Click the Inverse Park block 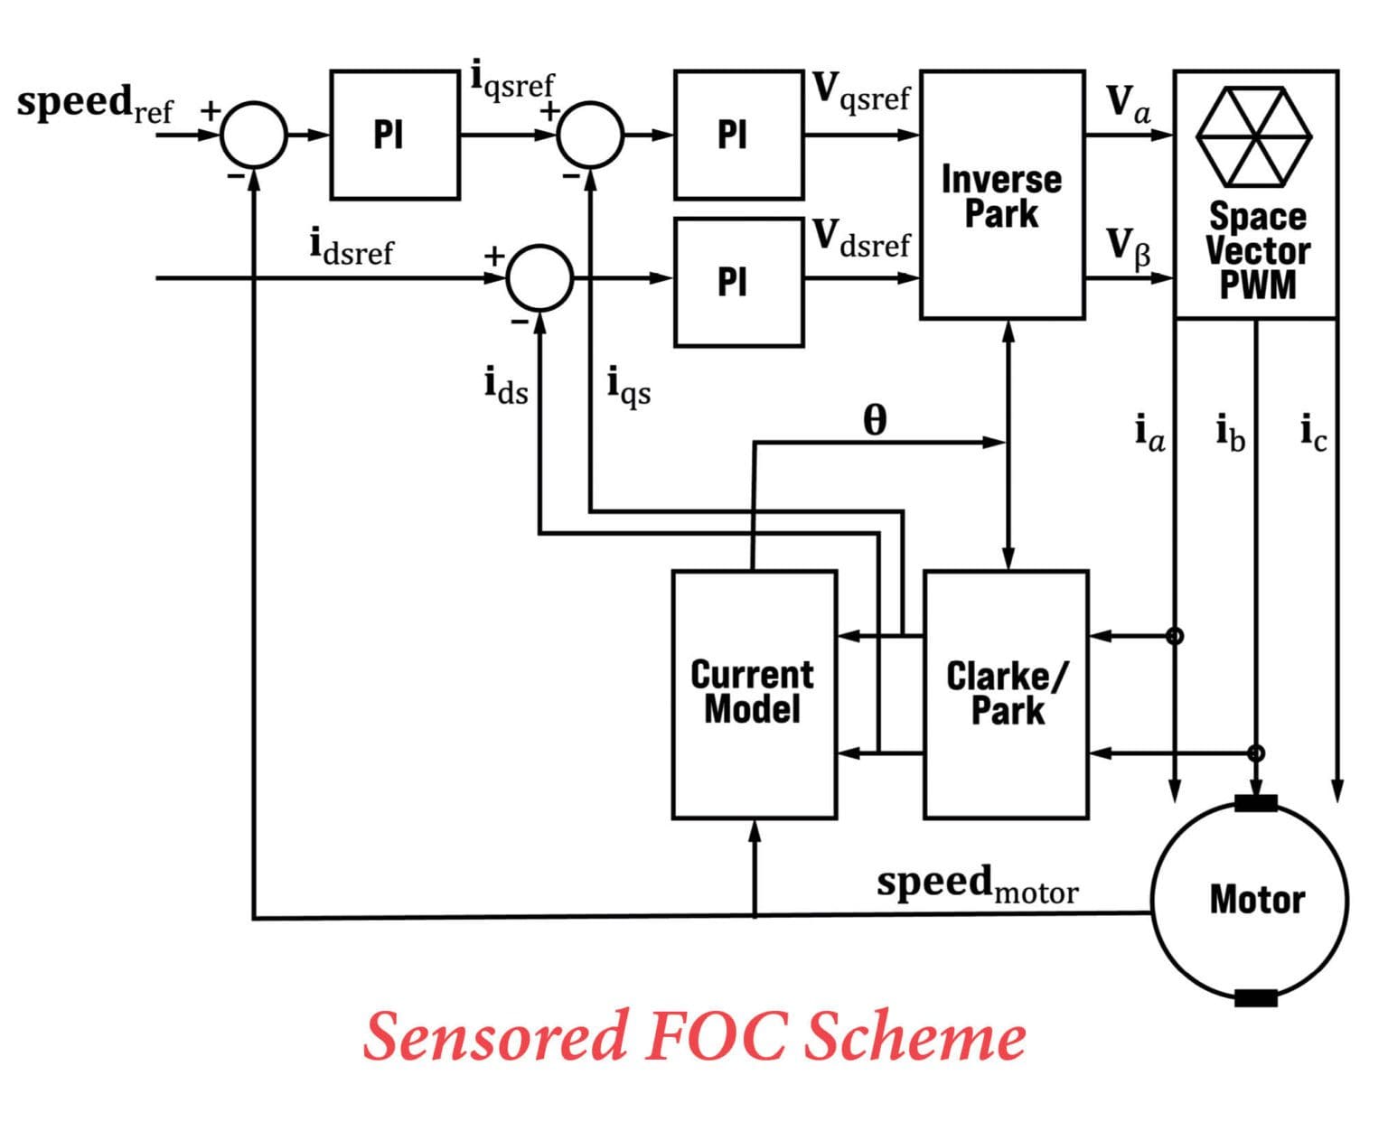tap(1001, 195)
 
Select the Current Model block tap(754, 694)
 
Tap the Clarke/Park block tap(1006, 694)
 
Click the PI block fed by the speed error tap(394, 136)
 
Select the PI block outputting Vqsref tap(737, 136)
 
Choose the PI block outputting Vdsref tap(737, 283)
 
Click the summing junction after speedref tap(255, 136)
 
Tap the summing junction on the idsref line tap(539, 278)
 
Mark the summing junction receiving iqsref tap(590, 136)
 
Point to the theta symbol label tap(874, 420)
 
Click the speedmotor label tap(977, 884)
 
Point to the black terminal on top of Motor tap(1255, 803)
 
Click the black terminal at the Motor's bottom tap(1255, 998)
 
